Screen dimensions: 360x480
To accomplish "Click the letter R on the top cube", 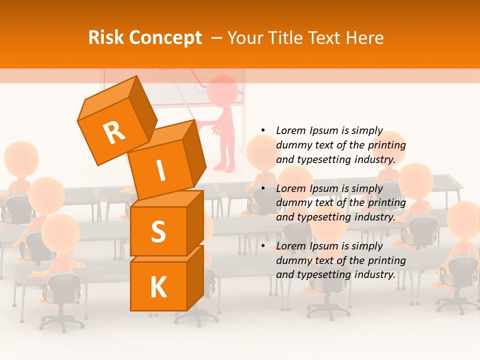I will tap(114, 133).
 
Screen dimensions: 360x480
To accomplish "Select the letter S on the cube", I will tap(158, 231).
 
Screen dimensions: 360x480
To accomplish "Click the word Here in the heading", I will tap(364, 37).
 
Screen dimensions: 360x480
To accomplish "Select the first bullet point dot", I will tap(263, 131).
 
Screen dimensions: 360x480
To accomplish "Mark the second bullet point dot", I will tap(263, 188).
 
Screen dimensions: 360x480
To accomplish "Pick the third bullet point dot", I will tap(263, 246).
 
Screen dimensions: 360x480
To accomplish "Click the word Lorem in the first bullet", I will tap(290, 130).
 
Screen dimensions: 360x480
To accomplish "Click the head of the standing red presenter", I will tap(222, 91).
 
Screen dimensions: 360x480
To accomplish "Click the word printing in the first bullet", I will tap(387, 145).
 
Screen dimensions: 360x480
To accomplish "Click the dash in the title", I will tap(216, 37).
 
